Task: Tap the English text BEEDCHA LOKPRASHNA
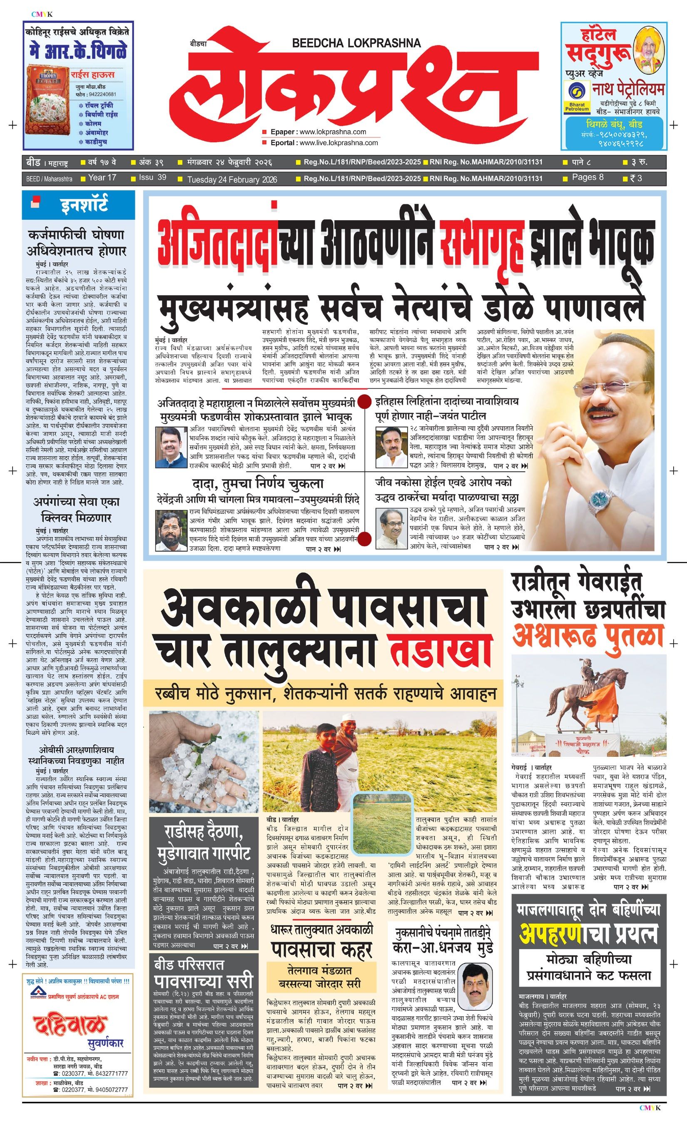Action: [x=356, y=43]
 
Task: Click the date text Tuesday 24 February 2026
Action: [x=232, y=179]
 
